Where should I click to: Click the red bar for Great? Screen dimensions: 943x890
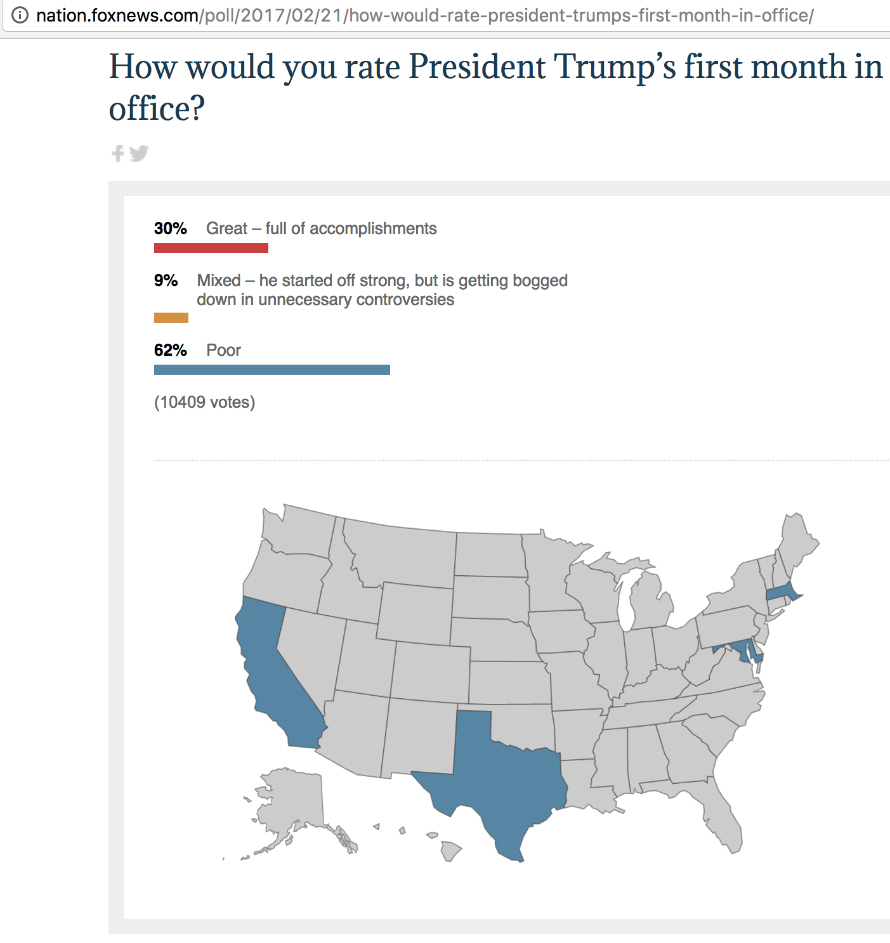211,248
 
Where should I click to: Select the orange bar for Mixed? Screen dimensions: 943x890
171,318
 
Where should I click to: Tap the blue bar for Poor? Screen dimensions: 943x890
272,370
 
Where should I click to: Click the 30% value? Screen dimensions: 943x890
170,228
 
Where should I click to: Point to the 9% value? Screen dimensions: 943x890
166,280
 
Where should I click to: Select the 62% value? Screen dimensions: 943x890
170,350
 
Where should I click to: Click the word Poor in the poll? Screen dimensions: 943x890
223,350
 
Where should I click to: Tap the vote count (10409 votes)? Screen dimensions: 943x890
204,402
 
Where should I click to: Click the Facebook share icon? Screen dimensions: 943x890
117,153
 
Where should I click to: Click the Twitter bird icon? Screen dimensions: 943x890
139,153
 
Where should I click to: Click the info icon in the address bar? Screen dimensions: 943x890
20,15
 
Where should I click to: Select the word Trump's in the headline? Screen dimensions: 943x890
615,67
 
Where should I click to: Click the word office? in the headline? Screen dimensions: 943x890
157,108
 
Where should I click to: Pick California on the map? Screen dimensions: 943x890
270,672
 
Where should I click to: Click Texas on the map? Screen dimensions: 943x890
501,780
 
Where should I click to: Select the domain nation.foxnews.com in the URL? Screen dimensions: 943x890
117,15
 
